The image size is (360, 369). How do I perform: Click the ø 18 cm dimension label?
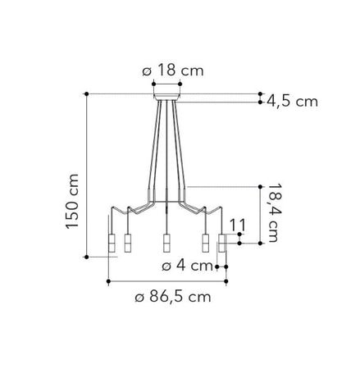(173, 71)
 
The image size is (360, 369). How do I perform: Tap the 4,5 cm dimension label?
(292, 102)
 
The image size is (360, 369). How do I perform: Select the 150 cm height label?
(72, 201)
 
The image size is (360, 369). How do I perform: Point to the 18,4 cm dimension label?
(273, 212)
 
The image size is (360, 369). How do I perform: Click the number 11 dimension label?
(237, 225)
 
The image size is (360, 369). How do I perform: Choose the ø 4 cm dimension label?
(187, 266)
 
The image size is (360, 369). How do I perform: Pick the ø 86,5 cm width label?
(173, 297)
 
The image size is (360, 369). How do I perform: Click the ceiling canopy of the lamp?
(166, 98)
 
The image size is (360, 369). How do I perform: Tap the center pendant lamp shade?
(166, 243)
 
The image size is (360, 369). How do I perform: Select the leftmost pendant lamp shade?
(112, 243)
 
